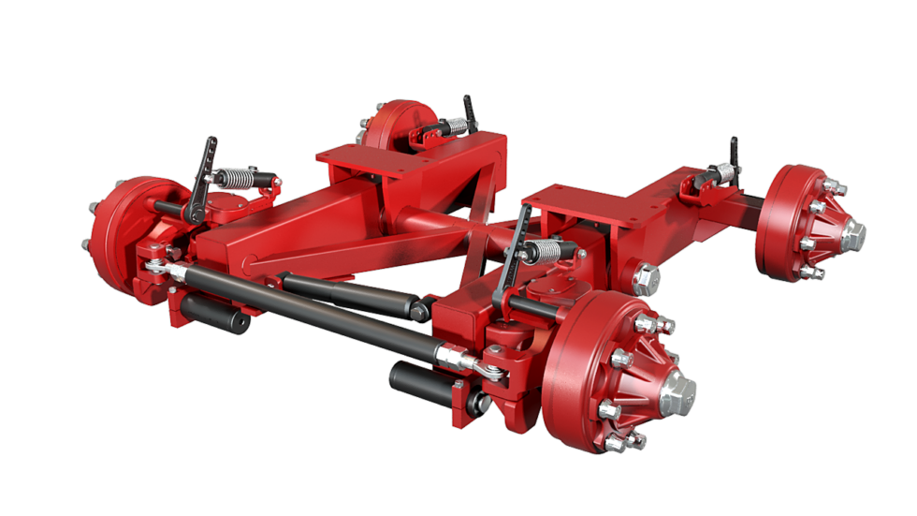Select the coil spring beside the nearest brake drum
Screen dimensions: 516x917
[549, 251]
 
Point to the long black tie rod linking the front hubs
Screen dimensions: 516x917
[309, 309]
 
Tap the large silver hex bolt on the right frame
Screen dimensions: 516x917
[646, 279]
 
